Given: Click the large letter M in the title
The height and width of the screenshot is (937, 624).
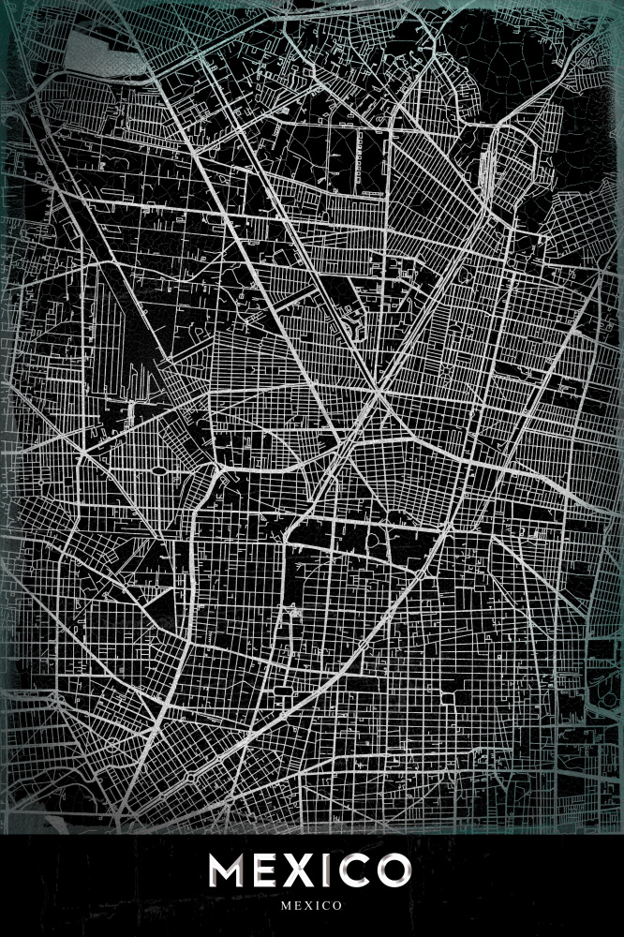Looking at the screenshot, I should click(229, 871).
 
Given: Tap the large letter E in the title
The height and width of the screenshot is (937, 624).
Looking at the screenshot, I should click(267, 871).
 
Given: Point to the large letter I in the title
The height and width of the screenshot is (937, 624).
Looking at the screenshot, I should click(328, 871).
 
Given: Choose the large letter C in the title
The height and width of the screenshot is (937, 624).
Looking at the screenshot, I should click(355, 871).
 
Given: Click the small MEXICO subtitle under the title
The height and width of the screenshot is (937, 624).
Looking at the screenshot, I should click(312, 906).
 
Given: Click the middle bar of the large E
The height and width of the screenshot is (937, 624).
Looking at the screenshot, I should click(266, 871).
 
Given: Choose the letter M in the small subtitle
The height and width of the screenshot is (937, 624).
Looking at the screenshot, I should click(286, 906).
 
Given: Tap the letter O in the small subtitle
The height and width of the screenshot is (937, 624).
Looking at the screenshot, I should click(336, 906).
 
